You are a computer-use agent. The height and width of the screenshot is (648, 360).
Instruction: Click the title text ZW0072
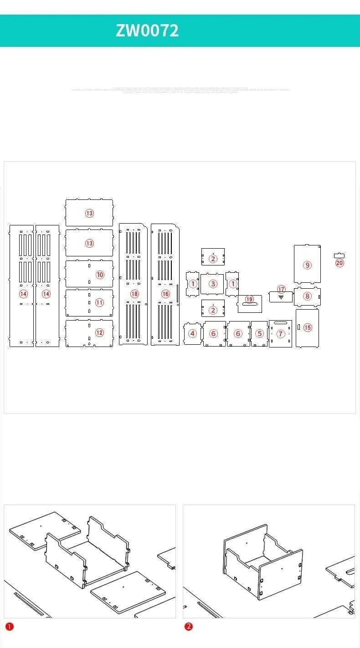[x=147, y=31]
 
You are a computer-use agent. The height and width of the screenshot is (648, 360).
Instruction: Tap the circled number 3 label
[x=213, y=284]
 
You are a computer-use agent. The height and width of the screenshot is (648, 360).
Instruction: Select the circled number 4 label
[x=192, y=334]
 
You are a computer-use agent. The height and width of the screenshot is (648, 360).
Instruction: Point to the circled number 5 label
[x=259, y=334]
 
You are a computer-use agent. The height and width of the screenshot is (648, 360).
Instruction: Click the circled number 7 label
[x=281, y=334]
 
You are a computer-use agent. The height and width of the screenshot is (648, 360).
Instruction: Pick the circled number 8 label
[x=307, y=296]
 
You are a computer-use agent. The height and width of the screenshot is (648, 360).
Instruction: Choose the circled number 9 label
[x=307, y=265]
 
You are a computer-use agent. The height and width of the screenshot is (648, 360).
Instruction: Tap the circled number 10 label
[x=100, y=275]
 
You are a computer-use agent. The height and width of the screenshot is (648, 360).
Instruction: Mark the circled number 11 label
[x=99, y=302]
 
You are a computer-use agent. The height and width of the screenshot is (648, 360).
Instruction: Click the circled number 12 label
[x=99, y=333]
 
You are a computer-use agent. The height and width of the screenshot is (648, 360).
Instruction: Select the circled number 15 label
[x=308, y=328]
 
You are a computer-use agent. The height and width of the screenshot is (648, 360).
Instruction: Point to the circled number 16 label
[x=165, y=294]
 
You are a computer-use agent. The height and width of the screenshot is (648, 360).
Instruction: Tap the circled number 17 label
[x=281, y=290]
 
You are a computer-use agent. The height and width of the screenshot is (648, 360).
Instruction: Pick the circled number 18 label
[x=134, y=294]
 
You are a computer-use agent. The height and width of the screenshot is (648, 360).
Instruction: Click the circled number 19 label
[x=249, y=300]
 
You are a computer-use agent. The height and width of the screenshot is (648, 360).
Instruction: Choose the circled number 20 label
[x=339, y=263]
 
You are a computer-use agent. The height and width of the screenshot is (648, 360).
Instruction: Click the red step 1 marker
[x=9, y=627]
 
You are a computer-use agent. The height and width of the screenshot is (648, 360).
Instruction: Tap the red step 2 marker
[x=188, y=627]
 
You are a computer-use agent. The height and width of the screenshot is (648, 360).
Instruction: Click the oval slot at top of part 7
[x=280, y=323]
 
